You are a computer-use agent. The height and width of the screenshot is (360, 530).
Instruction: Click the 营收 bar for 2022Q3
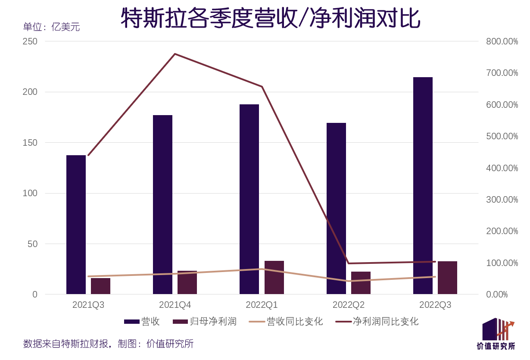pyautogui.click(x=423, y=185)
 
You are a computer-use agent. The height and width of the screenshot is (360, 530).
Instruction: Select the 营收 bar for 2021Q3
pyautogui.click(x=76, y=225)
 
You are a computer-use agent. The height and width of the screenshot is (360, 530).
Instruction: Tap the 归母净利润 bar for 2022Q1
pyautogui.click(x=274, y=278)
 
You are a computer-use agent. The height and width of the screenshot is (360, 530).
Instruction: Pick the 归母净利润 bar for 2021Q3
pyautogui.click(x=100, y=286)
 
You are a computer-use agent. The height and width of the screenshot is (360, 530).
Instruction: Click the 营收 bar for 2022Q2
pyautogui.click(x=336, y=209)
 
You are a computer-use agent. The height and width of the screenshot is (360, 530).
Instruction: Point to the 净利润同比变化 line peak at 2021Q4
pyautogui.click(x=175, y=54)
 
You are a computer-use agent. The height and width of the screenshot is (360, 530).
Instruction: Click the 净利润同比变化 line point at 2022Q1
pyautogui.click(x=262, y=87)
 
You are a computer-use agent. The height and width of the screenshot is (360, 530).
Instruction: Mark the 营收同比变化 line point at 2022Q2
pyautogui.click(x=349, y=281)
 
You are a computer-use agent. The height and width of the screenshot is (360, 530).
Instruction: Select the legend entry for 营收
pyautogui.click(x=142, y=322)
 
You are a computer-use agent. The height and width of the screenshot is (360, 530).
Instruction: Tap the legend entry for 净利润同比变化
pyautogui.click(x=377, y=322)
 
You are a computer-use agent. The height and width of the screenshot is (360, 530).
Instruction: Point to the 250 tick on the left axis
pyautogui.click(x=30, y=41)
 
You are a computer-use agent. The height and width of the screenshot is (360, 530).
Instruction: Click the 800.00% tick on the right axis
pyautogui.click(x=502, y=41)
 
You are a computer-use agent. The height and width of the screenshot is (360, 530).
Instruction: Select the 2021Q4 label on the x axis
pyautogui.click(x=175, y=305)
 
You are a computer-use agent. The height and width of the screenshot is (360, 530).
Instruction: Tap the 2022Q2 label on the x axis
pyautogui.click(x=349, y=305)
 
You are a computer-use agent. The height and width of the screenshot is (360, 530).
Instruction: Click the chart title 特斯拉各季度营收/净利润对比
pyautogui.click(x=270, y=18)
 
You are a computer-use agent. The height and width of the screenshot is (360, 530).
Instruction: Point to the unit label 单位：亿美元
pyautogui.click(x=51, y=27)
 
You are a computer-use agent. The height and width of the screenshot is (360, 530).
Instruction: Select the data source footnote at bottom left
pyautogui.click(x=108, y=344)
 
